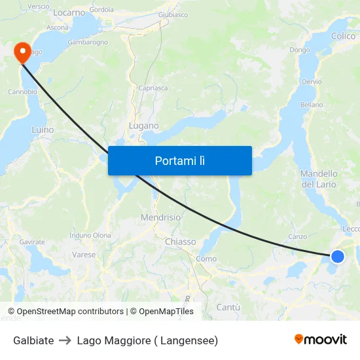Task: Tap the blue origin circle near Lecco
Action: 337,256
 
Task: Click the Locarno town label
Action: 69,12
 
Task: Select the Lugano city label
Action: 144,126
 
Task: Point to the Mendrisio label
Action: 160,217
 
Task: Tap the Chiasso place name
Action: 181,242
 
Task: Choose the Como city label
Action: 206,259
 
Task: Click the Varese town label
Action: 84,255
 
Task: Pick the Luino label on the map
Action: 43,130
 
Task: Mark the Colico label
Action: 343,37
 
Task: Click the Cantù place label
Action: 228,307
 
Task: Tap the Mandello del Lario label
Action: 319,179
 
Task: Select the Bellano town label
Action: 312,105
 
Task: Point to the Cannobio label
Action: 22,92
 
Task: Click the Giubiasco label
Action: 173,14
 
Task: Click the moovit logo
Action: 320,340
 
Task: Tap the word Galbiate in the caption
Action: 33,340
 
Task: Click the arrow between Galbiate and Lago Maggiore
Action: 65,340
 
